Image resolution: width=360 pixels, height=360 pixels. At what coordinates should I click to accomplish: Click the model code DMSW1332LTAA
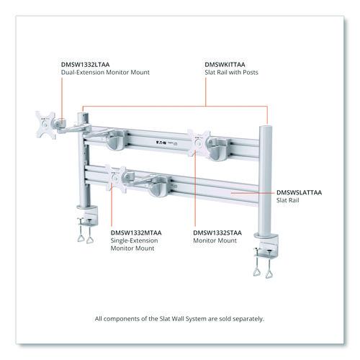coord(86,65)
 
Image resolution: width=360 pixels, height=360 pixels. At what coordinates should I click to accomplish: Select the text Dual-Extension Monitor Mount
coord(105,72)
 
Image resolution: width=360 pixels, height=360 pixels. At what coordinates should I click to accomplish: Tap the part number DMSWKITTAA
coord(225,65)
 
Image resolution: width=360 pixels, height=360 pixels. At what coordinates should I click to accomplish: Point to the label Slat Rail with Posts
coord(231,72)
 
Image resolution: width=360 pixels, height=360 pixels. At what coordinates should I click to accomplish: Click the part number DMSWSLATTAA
coord(299,192)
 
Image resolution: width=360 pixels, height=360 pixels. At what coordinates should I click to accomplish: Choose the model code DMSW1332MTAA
coord(136,233)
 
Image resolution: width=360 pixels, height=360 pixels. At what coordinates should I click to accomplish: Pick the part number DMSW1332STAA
coord(217,233)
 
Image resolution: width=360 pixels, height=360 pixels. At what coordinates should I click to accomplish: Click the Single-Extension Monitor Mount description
coord(134,244)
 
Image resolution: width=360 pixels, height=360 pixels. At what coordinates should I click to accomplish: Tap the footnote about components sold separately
coord(179,319)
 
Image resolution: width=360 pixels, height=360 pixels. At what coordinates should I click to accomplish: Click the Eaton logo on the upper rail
coord(161,143)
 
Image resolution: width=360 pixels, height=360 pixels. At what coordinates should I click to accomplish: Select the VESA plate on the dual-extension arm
coord(45,125)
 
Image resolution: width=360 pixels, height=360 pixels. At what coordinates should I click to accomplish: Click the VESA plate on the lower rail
coord(116,179)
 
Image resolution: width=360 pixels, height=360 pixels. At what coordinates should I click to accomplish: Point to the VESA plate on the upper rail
coord(199,143)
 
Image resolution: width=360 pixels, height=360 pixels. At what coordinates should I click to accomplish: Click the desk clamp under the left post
coord(87,223)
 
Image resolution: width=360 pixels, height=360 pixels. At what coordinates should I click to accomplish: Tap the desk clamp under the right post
coord(266,255)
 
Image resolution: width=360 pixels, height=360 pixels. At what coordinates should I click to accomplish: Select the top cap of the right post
coord(266,127)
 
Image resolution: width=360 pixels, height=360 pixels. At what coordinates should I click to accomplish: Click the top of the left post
coord(83,114)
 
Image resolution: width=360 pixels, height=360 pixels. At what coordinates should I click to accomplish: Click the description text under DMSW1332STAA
coord(215,240)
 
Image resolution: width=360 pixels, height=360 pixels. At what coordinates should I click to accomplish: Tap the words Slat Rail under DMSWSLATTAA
coord(288,200)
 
